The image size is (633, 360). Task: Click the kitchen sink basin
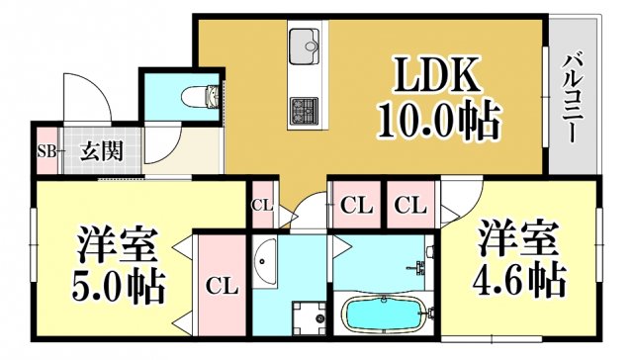304,44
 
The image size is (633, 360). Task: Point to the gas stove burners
303,107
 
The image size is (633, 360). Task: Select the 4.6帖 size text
521,278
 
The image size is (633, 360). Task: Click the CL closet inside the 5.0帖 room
222,287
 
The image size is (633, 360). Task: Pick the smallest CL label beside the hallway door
261,206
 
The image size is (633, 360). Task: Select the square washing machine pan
310,317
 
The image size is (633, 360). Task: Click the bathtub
384,315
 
